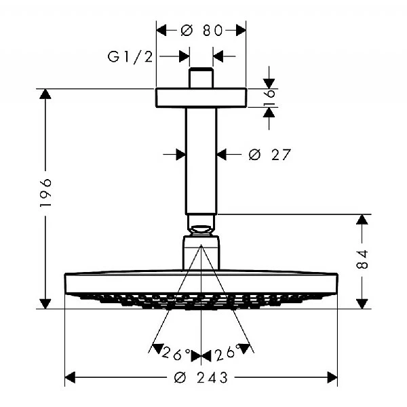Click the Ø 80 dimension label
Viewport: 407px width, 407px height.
(x=201, y=30)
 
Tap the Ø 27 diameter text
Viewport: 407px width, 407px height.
(x=269, y=155)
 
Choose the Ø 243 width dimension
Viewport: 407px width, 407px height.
(x=201, y=377)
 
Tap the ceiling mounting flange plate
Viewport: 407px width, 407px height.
(x=201, y=98)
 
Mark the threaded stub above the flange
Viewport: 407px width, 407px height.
(x=201, y=78)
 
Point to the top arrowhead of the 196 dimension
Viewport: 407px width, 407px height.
(x=45, y=95)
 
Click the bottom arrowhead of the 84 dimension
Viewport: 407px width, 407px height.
(x=363, y=303)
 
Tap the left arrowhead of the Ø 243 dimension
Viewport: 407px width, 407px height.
(x=71, y=377)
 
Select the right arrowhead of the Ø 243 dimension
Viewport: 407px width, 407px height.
(x=332, y=377)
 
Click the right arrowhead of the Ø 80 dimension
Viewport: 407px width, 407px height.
(x=240, y=30)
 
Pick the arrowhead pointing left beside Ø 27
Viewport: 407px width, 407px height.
(x=222, y=155)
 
